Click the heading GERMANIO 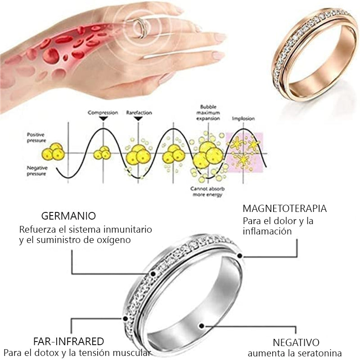point(68,216)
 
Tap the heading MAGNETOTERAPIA point(284,209)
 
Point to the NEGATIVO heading point(296,342)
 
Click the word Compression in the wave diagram point(103,112)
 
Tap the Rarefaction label point(139,112)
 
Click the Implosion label point(243,119)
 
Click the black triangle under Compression point(103,118)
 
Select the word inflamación point(267,231)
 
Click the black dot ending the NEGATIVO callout point(202,325)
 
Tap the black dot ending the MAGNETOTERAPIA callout point(240,256)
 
